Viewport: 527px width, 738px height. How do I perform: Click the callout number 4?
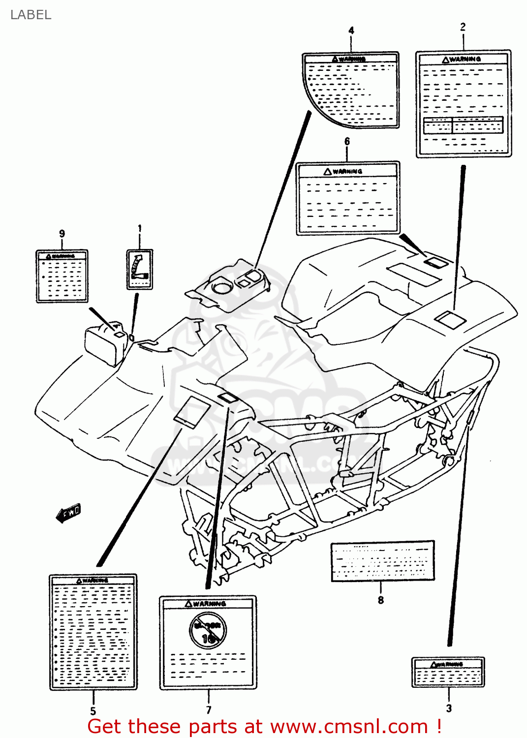tap(351, 31)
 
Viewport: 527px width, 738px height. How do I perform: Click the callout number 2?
tap(463, 27)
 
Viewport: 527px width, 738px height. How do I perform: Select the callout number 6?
tap(347, 142)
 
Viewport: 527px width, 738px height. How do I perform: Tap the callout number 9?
tap(62, 234)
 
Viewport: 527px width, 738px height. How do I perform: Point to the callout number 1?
tap(140, 228)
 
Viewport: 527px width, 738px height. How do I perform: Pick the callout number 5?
tap(93, 711)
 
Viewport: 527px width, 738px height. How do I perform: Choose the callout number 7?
tap(209, 710)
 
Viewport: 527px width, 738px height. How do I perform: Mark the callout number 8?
tap(380, 600)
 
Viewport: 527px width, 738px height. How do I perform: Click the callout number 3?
tap(449, 708)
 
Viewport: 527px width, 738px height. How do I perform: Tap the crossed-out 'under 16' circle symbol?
tap(208, 630)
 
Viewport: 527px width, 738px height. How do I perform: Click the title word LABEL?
tap(31, 15)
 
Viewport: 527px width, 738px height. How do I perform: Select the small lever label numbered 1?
tap(140, 269)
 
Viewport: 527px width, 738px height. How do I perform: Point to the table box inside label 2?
tap(463, 125)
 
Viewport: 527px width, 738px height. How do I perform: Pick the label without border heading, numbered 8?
tap(383, 561)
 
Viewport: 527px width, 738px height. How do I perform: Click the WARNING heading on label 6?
tap(347, 171)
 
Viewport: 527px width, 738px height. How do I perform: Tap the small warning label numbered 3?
tap(448, 672)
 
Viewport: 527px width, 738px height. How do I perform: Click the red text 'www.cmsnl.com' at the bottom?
tap(349, 727)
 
